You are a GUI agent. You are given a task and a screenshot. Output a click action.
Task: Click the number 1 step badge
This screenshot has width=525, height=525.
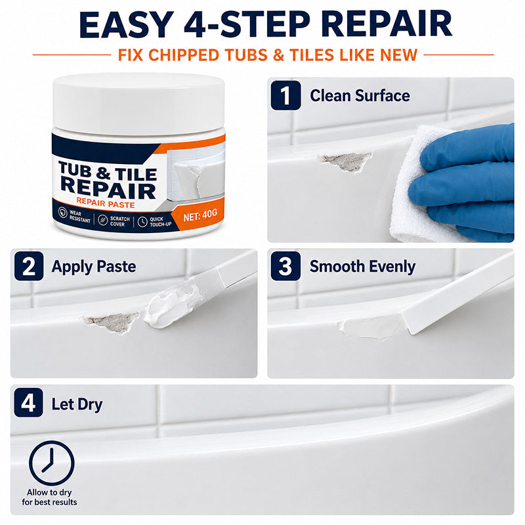point(285,95)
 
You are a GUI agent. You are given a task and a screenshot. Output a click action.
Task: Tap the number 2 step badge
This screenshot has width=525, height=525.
point(29,266)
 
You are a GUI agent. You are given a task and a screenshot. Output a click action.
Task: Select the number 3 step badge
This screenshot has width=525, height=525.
point(285,266)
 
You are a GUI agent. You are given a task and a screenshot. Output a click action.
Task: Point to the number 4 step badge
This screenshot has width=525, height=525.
point(28,402)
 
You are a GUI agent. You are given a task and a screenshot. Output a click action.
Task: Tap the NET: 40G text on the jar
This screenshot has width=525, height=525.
point(200,215)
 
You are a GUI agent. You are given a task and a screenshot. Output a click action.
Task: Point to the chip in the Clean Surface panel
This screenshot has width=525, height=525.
point(346,161)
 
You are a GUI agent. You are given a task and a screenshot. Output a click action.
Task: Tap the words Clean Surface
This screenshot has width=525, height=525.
point(360,96)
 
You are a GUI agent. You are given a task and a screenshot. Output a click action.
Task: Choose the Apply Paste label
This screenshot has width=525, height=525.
point(94,267)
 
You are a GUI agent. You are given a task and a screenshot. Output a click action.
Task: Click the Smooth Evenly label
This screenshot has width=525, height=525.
point(363,267)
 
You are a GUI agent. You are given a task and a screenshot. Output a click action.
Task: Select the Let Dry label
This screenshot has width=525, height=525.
point(77,404)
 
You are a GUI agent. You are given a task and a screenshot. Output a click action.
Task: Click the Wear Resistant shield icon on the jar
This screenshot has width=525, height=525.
point(62,212)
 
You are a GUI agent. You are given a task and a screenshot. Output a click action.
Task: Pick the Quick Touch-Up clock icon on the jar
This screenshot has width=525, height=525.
point(142,221)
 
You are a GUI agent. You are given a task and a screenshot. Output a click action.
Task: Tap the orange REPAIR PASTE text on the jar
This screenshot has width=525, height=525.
point(106,203)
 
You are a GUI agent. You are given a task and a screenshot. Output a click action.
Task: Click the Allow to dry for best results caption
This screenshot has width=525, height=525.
point(50,497)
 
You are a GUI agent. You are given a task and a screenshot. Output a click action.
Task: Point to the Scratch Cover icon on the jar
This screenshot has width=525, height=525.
point(103,220)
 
